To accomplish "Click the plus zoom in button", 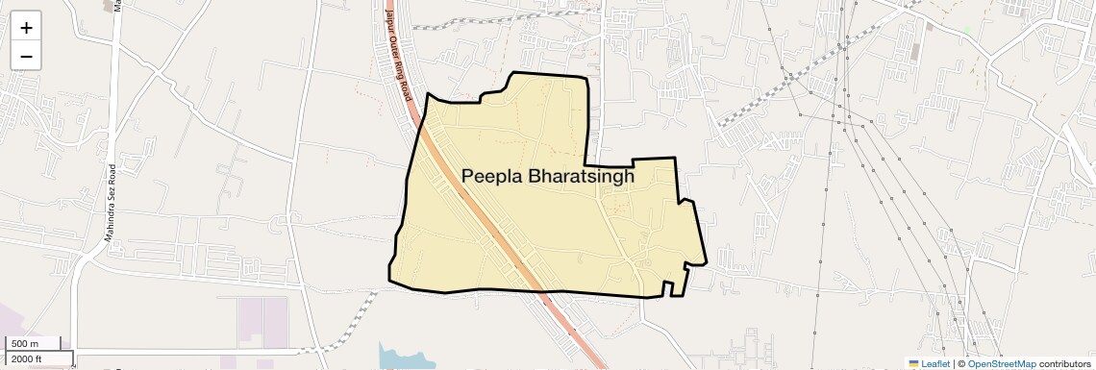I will coord(26,28).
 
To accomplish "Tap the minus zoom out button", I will coord(26,57).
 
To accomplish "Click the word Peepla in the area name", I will coord(494,176).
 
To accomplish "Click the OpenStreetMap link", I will coord(1001,364).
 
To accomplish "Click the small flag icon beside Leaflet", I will coord(913,364).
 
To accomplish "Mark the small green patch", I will coord(966,32).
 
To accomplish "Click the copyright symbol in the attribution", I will coord(960,364).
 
